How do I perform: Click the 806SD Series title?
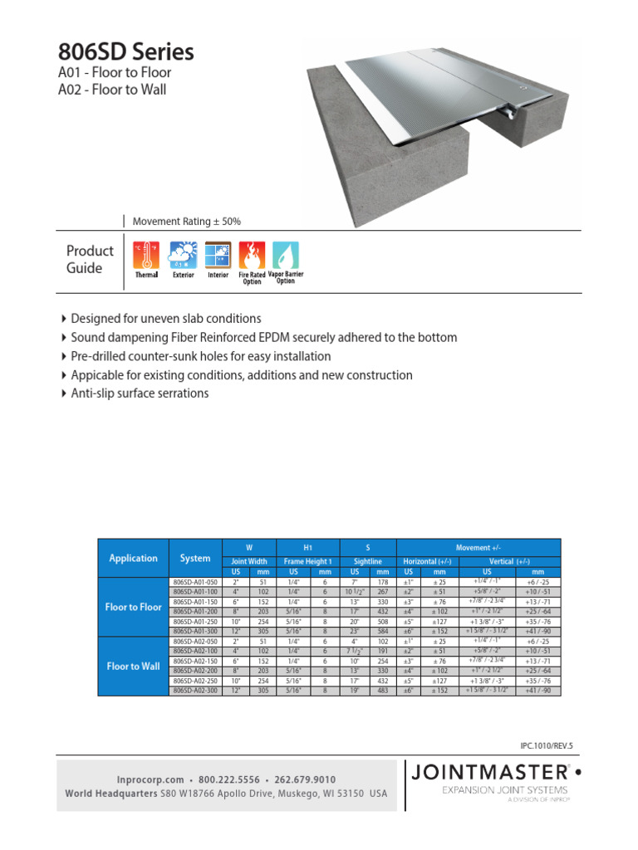[x=126, y=52]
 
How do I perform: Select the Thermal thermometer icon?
[x=146, y=256]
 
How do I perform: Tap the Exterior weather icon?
[x=183, y=256]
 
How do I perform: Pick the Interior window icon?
[x=218, y=256]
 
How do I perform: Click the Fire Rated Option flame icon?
[x=252, y=255]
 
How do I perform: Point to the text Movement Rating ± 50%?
[x=187, y=222]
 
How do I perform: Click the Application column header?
[x=133, y=558]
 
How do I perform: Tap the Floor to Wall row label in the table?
[x=133, y=666]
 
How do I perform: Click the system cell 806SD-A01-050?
[x=194, y=582]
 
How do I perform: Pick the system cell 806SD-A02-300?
[x=194, y=691]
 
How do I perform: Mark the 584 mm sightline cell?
[x=382, y=632]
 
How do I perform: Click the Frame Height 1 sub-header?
[x=307, y=562]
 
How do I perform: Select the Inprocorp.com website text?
[x=150, y=780]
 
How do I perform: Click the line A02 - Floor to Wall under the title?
[x=112, y=90]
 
